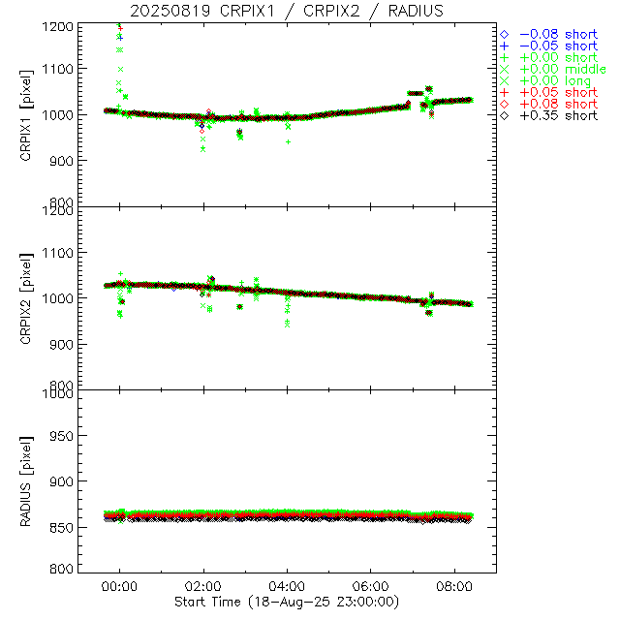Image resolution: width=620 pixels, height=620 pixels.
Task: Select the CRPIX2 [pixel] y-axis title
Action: tap(38, 297)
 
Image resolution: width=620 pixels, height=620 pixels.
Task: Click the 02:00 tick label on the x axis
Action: tap(203, 586)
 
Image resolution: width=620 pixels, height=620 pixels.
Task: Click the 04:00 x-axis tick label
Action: tap(288, 586)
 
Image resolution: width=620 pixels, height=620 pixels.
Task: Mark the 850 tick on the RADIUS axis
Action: tap(59, 524)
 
